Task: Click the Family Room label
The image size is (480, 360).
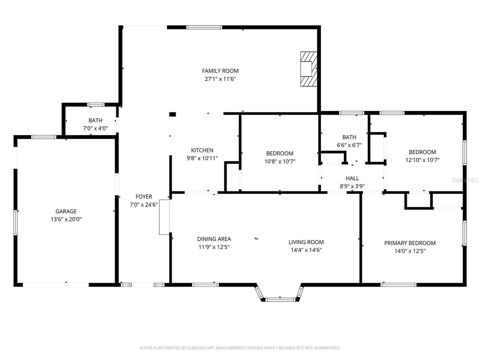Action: pyautogui.click(x=220, y=71)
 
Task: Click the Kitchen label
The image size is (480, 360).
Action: pyautogui.click(x=202, y=150)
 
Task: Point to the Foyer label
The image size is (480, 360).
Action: pyautogui.click(x=144, y=196)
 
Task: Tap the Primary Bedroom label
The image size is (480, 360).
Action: pyautogui.click(x=410, y=243)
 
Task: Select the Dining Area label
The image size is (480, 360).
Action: pyautogui.click(x=214, y=239)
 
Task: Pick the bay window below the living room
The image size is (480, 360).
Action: pyautogui.click(x=279, y=299)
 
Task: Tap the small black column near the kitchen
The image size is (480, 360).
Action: pyautogui.click(x=172, y=114)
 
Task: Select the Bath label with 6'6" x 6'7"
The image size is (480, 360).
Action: pyautogui.click(x=349, y=137)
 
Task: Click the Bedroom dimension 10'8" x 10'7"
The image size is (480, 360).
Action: pyautogui.click(x=280, y=162)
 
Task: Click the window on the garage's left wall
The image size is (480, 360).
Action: pyautogui.click(x=16, y=222)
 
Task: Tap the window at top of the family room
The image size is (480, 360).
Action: pyautogui.click(x=204, y=27)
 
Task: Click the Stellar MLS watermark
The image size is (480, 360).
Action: pyautogui.click(x=465, y=180)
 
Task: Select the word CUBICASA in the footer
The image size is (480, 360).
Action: pyautogui.click(x=201, y=348)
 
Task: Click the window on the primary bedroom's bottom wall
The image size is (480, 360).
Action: pyautogui.click(x=398, y=285)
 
